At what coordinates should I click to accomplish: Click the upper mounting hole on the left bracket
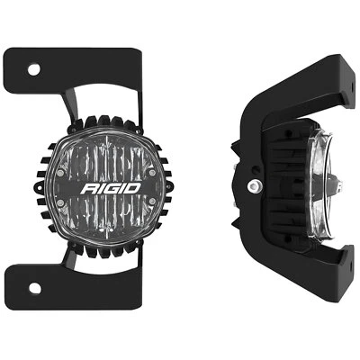pyautogui.click(x=33, y=68)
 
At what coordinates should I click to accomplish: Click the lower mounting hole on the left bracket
pyautogui.click(x=33, y=289)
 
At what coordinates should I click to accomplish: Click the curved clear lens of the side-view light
pyautogui.click(x=320, y=184)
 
